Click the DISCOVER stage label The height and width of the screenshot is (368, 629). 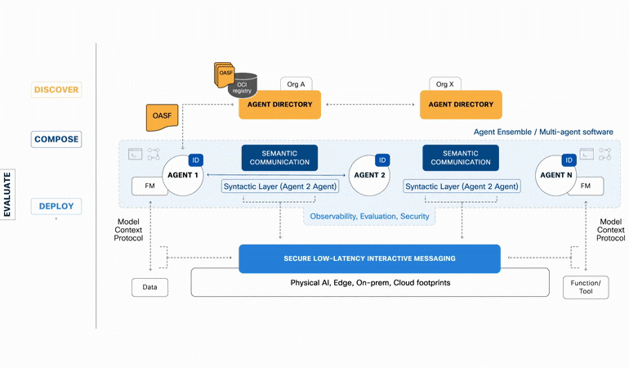tap(56, 90)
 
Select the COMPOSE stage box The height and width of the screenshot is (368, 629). tap(56, 139)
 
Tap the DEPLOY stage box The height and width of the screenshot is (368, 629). tap(56, 207)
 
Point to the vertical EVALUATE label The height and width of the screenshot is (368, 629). tap(7, 195)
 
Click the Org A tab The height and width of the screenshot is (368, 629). tap(296, 84)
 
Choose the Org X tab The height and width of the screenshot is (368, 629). tap(445, 84)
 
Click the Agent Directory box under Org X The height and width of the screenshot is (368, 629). tap(461, 105)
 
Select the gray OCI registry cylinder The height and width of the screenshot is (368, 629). tap(243, 86)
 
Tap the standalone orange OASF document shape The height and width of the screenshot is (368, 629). tap(162, 117)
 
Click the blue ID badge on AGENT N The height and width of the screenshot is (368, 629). tap(569, 160)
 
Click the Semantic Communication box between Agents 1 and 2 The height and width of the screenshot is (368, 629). tap(279, 158)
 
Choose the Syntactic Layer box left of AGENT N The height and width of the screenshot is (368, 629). tap(462, 186)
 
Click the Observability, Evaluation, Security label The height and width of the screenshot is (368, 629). tap(369, 216)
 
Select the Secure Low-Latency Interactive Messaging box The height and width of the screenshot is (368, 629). tap(369, 258)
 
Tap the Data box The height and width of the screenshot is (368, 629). tap(149, 287)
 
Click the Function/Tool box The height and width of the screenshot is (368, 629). tap(586, 287)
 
